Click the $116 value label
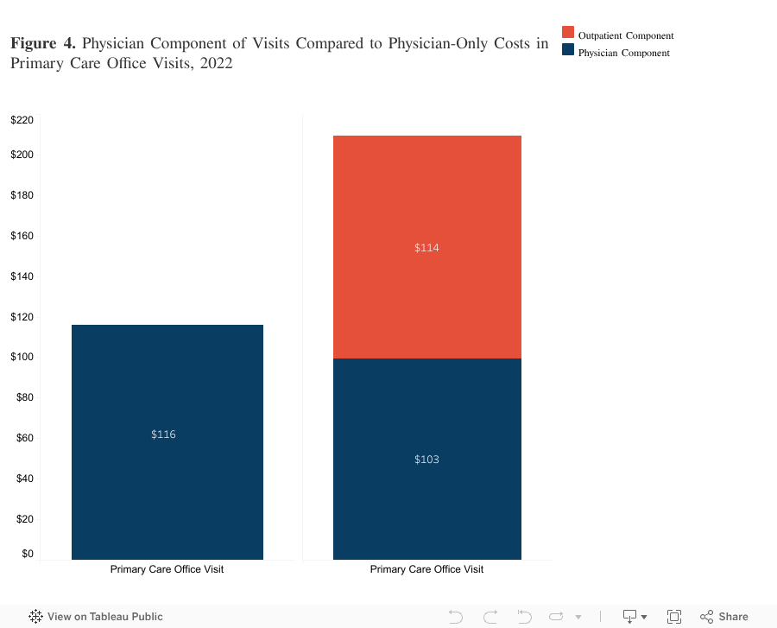pos(163,435)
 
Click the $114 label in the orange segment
pos(426,248)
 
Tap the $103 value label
pos(426,460)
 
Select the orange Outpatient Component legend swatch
pos(568,32)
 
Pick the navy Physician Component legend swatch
pos(568,50)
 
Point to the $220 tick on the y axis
pos(22,120)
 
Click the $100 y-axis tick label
pos(22,357)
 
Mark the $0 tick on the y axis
pos(27,554)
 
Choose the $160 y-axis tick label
pos(22,236)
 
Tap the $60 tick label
pos(24,438)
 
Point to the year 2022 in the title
pos(214,64)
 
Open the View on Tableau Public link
pos(96,617)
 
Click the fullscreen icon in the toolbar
pos(674,617)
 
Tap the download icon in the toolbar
pos(629,617)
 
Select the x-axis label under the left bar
pos(167,569)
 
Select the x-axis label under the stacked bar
pos(426,569)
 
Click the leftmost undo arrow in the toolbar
pos(456,617)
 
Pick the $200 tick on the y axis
pos(22,155)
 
